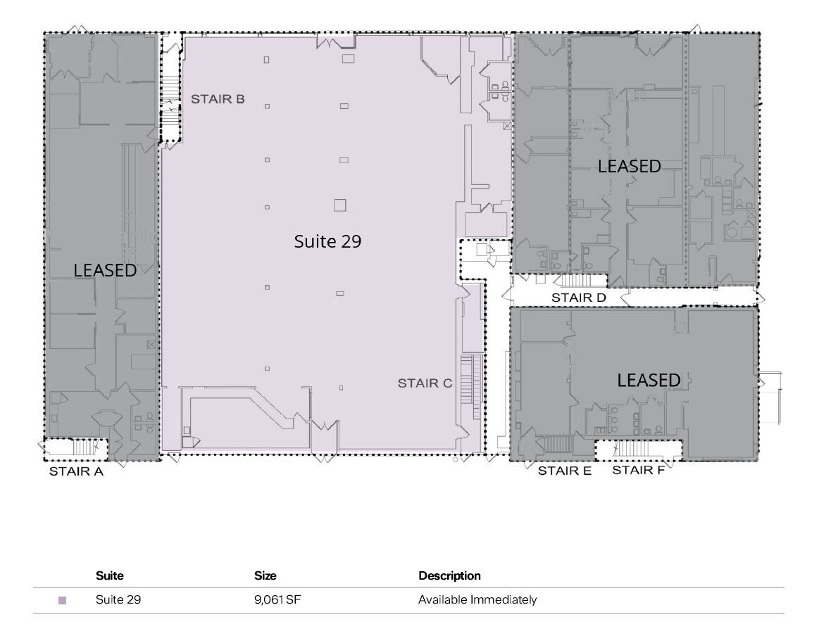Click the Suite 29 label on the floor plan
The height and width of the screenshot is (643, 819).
click(327, 241)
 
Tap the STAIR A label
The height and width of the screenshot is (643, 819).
click(76, 472)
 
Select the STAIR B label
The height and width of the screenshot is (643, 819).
click(218, 99)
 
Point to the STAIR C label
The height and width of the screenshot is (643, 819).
click(425, 383)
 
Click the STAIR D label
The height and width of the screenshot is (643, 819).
click(578, 298)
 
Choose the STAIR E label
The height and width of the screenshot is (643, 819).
click(564, 471)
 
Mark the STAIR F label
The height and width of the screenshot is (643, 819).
click(638, 470)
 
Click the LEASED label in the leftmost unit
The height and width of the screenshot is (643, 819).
click(105, 270)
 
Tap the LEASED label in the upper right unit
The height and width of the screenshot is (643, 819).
click(629, 166)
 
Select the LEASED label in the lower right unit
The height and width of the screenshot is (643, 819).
click(649, 381)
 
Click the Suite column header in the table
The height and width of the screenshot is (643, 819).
click(109, 575)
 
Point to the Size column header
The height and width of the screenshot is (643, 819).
click(265, 575)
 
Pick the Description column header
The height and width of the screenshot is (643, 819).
click(449, 575)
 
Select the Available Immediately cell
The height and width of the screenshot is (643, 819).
click(477, 600)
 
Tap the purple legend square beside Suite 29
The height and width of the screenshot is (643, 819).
click(62, 601)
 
